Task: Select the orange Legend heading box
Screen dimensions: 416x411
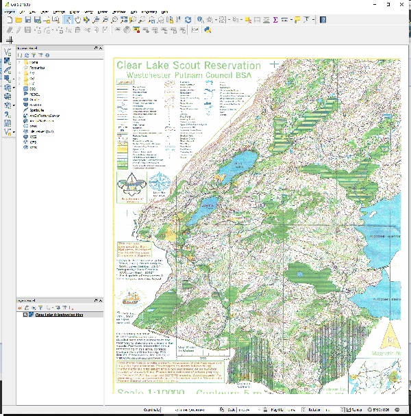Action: coord(125,82)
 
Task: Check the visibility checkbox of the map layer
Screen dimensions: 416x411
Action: coord(25,315)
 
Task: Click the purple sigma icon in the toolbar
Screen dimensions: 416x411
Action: coord(275,20)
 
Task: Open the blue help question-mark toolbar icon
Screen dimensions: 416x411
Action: coord(323,20)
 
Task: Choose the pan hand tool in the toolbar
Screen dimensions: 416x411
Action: coord(78,20)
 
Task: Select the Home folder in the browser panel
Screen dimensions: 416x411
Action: coord(33,62)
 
